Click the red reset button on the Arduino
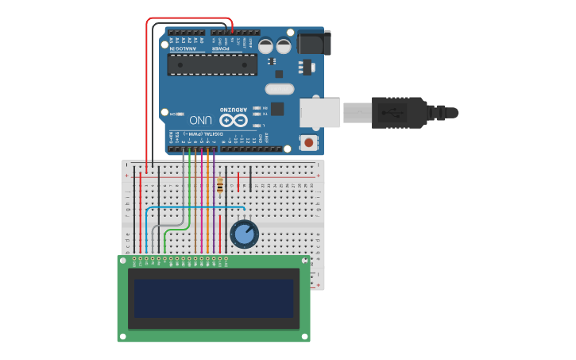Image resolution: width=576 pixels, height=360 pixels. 308,143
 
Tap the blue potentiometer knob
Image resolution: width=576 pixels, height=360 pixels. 244,234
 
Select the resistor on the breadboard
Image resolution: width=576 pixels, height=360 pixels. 220,186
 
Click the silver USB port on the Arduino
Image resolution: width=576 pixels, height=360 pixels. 319,112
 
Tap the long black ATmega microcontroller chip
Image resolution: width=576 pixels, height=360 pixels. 212,64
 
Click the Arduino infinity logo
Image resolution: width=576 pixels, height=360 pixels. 234,121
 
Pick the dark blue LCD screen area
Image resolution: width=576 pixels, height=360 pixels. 214,297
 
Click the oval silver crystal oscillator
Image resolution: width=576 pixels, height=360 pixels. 279,89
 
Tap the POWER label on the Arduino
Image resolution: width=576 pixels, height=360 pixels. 220,48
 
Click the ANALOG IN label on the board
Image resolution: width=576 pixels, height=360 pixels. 184,48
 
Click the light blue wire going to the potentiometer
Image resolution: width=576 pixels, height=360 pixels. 191,208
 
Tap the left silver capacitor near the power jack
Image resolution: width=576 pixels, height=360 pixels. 265,46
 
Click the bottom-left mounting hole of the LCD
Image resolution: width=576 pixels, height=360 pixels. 122,337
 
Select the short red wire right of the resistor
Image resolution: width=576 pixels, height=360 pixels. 238,181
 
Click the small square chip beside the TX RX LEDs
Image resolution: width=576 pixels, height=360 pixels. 277,109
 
